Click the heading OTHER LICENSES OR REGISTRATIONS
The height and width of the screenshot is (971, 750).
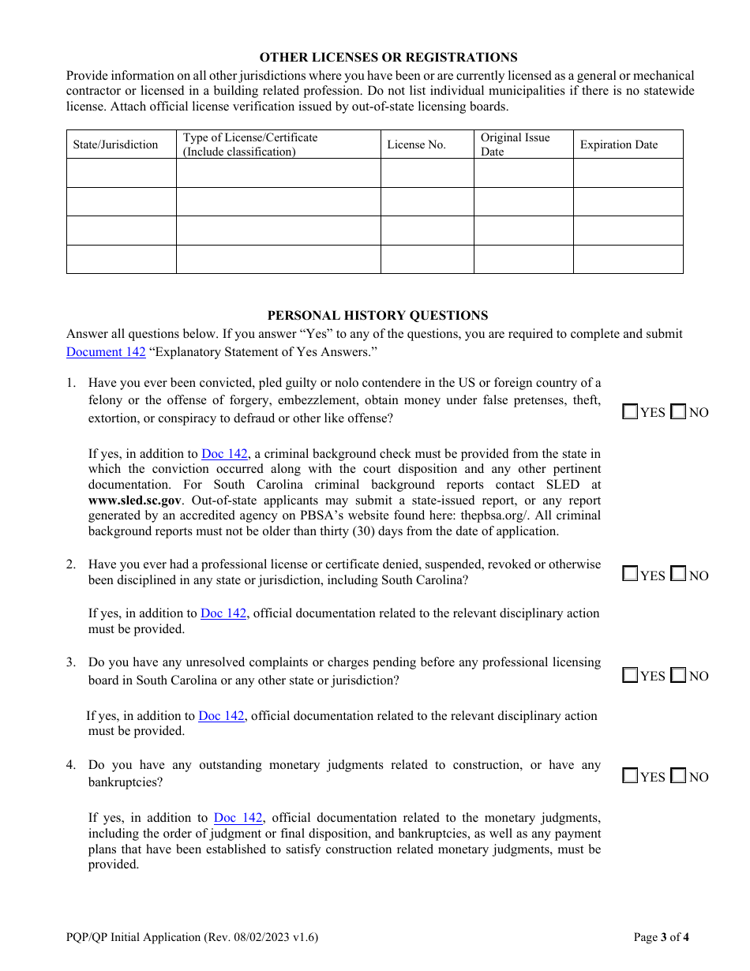(388, 57)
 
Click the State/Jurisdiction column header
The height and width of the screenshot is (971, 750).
(115, 144)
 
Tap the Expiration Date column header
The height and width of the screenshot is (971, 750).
(618, 144)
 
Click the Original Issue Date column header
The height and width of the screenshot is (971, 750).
(515, 144)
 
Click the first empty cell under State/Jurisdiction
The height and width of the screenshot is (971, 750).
(122, 173)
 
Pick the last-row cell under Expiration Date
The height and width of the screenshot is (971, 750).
(628, 259)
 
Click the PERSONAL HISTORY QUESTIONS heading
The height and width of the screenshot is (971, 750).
(377, 315)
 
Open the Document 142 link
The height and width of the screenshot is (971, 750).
(106, 352)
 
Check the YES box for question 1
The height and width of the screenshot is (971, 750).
(630, 411)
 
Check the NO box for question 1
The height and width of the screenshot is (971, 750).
(677, 411)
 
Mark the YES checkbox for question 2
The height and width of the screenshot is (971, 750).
(630, 574)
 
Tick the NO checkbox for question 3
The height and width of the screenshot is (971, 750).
(677, 675)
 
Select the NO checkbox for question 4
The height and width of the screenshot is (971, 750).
(677, 776)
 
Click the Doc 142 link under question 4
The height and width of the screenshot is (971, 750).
(238, 818)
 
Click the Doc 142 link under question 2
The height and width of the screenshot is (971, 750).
(223, 613)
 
